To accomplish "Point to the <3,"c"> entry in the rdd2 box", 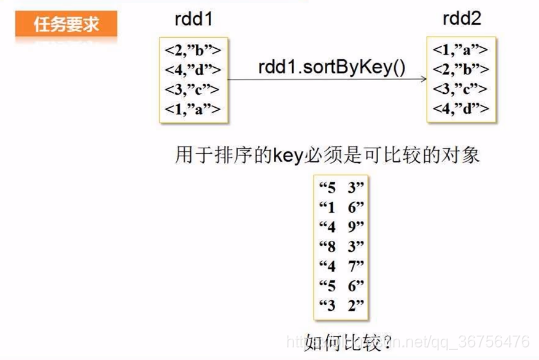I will click(461, 89).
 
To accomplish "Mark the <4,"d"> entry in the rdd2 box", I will click(461, 109).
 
